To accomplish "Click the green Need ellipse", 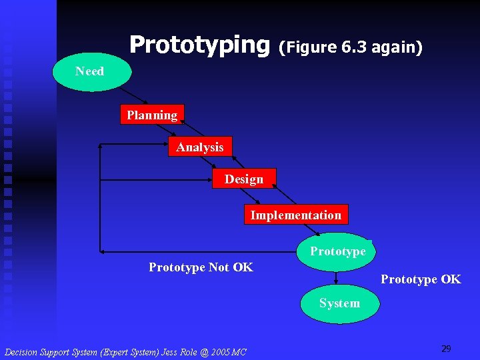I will click(x=90, y=71).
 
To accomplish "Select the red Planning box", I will click(x=152, y=115).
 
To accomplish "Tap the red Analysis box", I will click(x=200, y=147).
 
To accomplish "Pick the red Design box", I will click(x=244, y=179).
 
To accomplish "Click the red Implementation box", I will click(x=295, y=215).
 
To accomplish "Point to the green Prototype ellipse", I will click(x=337, y=251).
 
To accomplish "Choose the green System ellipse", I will click(x=339, y=303).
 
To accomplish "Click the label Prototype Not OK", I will click(x=201, y=267).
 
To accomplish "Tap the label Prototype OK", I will click(x=420, y=279).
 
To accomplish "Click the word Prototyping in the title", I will click(x=199, y=45).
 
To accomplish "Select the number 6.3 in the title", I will click(x=354, y=47).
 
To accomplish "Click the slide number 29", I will click(x=446, y=349).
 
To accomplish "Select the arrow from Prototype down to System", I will click(x=337, y=277).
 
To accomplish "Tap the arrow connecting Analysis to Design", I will click(x=223, y=163).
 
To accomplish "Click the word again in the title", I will click(x=397, y=48).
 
